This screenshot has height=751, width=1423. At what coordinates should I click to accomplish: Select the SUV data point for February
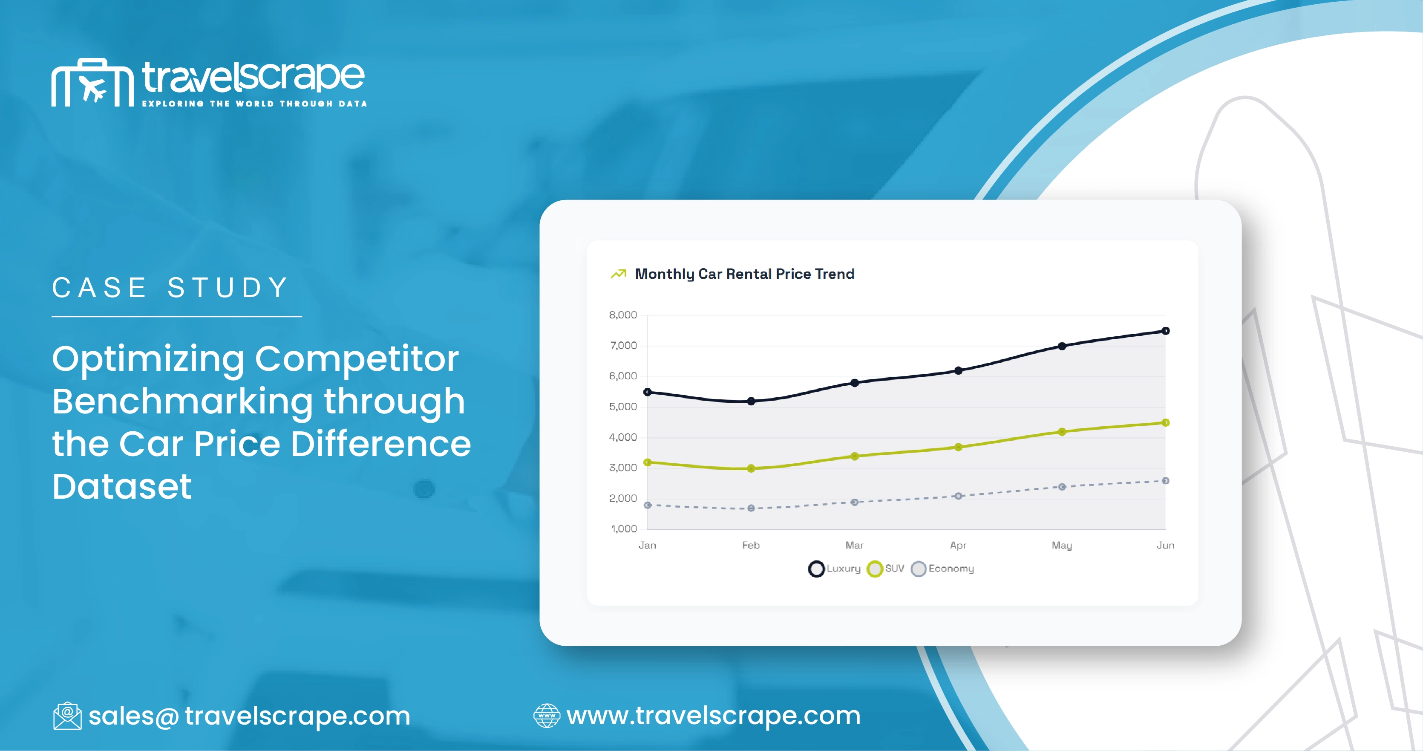[x=751, y=468]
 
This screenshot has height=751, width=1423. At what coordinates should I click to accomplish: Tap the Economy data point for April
[x=959, y=496]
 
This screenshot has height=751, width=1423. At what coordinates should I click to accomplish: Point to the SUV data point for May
[x=1062, y=432]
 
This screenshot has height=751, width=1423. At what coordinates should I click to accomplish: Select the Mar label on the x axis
[x=854, y=546]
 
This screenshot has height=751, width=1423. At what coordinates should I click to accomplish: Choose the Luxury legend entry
[x=834, y=569]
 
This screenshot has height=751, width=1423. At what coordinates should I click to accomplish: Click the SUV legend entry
[x=886, y=569]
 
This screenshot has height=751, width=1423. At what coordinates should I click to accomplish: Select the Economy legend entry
[x=943, y=569]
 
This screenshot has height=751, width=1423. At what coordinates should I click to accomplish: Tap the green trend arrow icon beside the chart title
[x=618, y=274]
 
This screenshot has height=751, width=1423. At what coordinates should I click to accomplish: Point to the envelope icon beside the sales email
[x=67, y=716]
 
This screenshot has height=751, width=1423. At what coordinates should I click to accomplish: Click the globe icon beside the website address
[x=546, y=716]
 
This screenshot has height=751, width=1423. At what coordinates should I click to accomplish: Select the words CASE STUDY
[x=170, y=288]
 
